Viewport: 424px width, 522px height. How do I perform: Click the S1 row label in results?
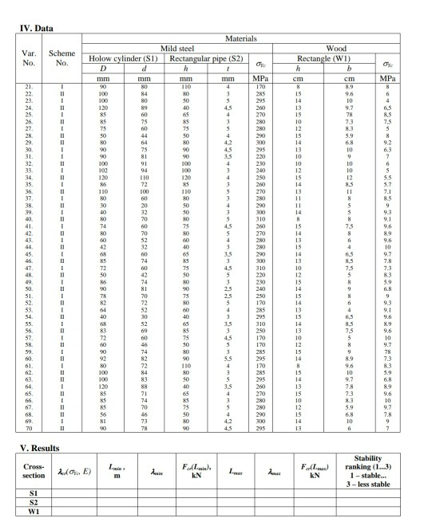point(34,492)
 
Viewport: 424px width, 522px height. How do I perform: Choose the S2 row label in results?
point(34,501)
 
